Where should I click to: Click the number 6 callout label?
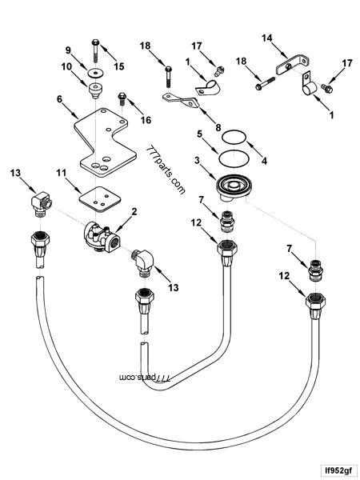[x=59, y=99]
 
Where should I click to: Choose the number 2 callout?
[x=134, y=211]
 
